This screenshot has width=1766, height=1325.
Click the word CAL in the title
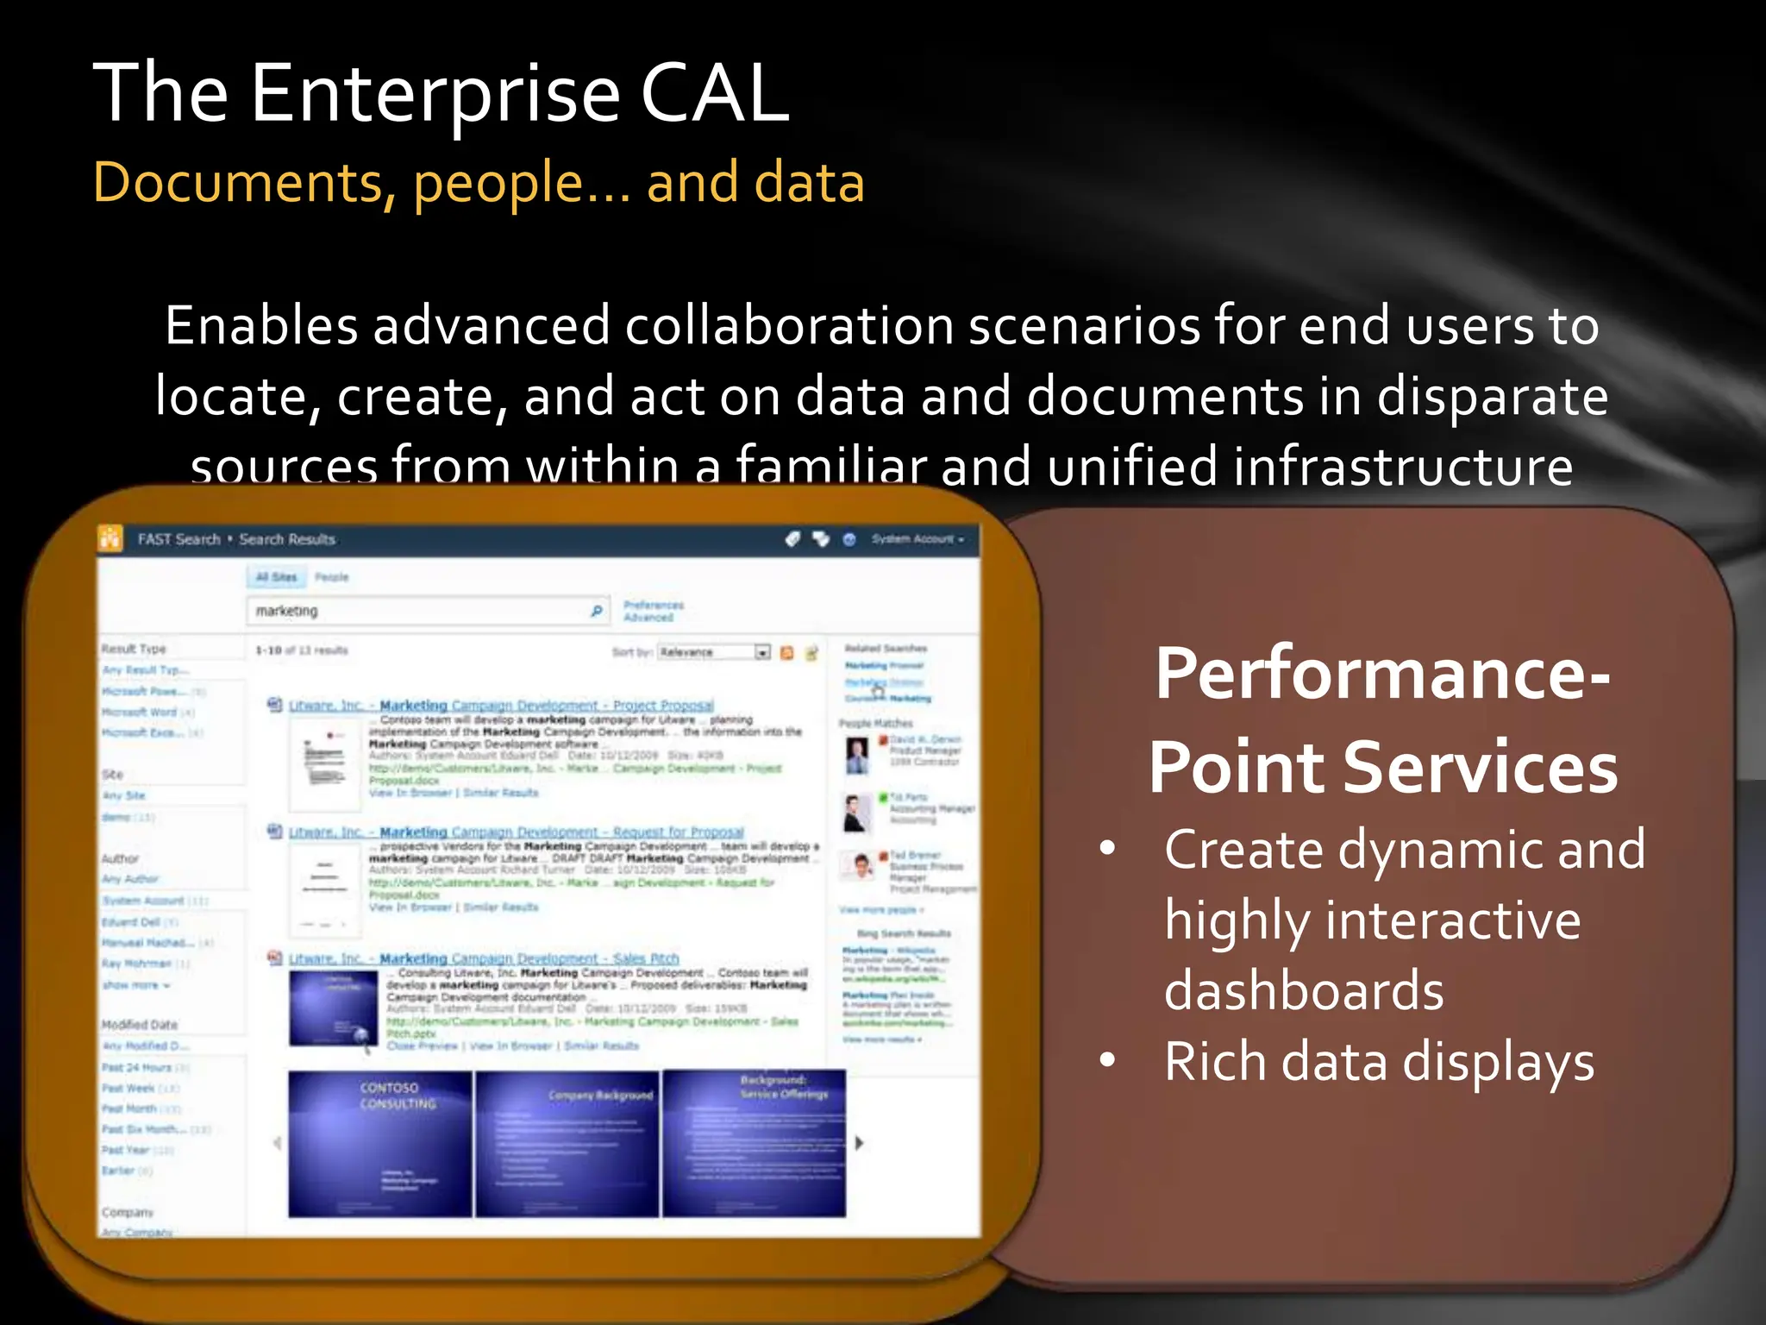pos(714,93)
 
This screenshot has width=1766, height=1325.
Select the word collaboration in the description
pos(790,326)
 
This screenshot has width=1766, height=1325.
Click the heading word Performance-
pos(1382,675)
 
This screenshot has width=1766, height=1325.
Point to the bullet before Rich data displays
pos(1108,1059)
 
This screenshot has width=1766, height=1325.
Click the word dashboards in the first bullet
pos(1303,990)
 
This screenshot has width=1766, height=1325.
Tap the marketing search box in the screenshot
pos(418,611)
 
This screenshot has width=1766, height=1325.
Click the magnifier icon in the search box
pos(596,611)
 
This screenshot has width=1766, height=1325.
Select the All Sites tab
pos(276,577)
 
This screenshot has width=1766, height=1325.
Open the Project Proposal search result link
pos(501,706)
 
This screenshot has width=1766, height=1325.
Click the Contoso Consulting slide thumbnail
pos(380,1143)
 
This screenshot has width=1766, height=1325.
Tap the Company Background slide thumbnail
pos(567,1143)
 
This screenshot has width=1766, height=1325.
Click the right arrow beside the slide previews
pos(859,1143)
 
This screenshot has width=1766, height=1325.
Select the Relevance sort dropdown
pos(713,652)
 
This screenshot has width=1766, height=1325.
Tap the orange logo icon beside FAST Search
pos(110,538)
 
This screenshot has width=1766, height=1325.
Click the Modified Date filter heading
pos(140,1025)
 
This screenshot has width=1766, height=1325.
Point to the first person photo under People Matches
pos(856,756)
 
